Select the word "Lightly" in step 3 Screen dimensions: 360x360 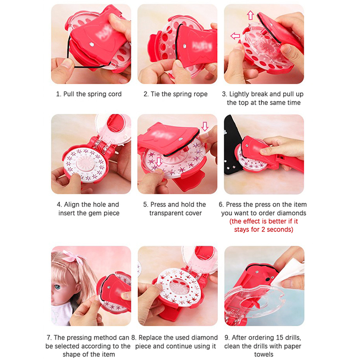pyautogui.click(x=239, y=94)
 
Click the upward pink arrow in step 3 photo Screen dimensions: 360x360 pyautogui.click(x=250, y=15)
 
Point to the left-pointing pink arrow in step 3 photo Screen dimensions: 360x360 pyautogui.click(x=235, y=36)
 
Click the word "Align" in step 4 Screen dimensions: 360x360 pyautogui.click(x=72, y=205)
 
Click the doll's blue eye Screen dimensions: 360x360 pyautogui.click(x=57, y=287)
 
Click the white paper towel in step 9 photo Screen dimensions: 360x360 pyautogui.click(x=289, y=271)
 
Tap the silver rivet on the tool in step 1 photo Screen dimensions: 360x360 pyautogui.click(x=92, y=44)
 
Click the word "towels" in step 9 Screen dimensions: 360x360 pyautogui.click(x=264, y=355)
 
